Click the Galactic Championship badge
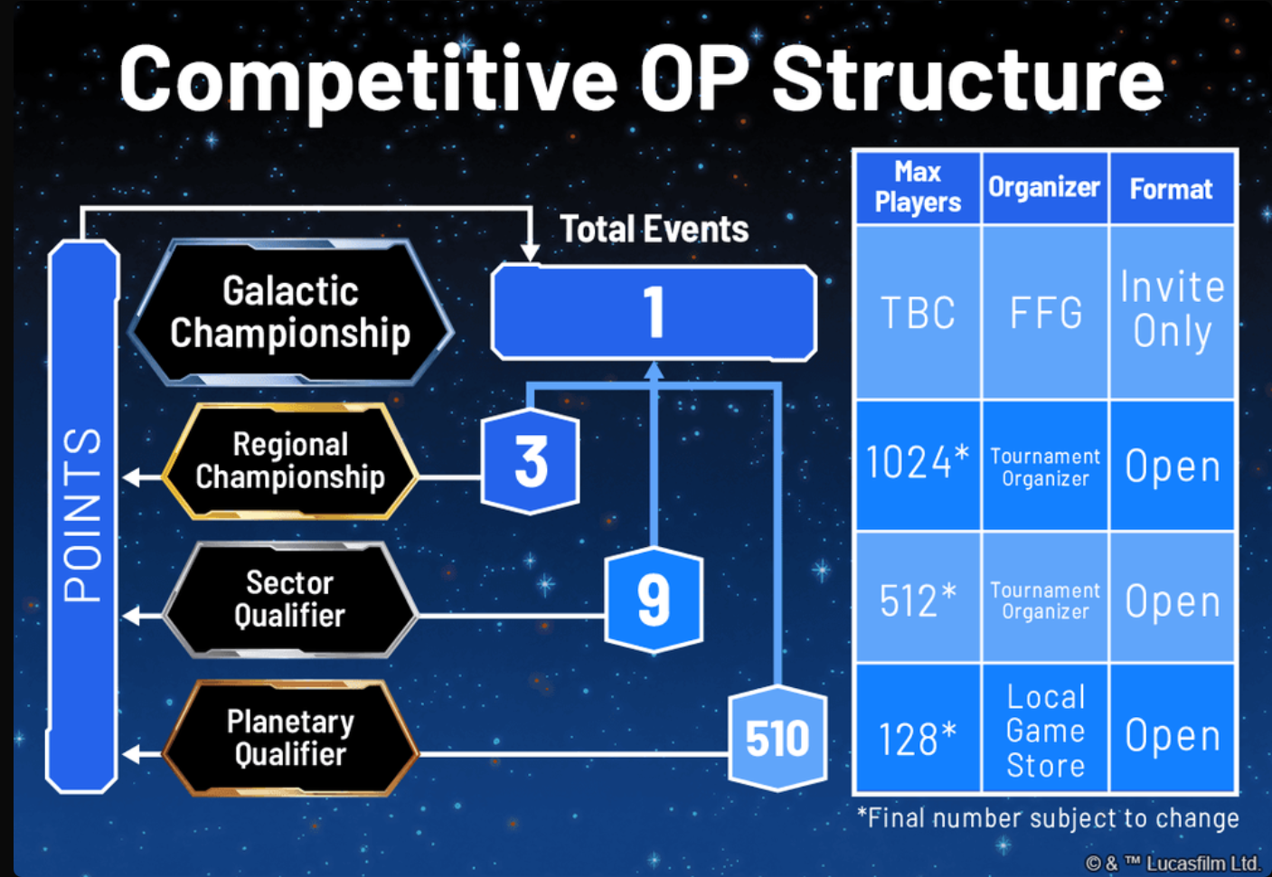pos(290,313)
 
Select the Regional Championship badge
pos(290,461)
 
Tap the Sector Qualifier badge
pos(290,599)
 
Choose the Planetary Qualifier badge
pos(290,738)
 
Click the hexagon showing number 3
pos(531,462)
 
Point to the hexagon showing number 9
pos(654,599)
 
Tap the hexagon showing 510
pos(777,738)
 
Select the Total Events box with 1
pos(654,313)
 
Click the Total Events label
pos(654,230)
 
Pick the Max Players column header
pos(918,187)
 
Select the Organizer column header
pos(1044,187)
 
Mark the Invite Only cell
pos(1172,309)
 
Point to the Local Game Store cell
pos(1045,731)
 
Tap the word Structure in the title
pos(967,80)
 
